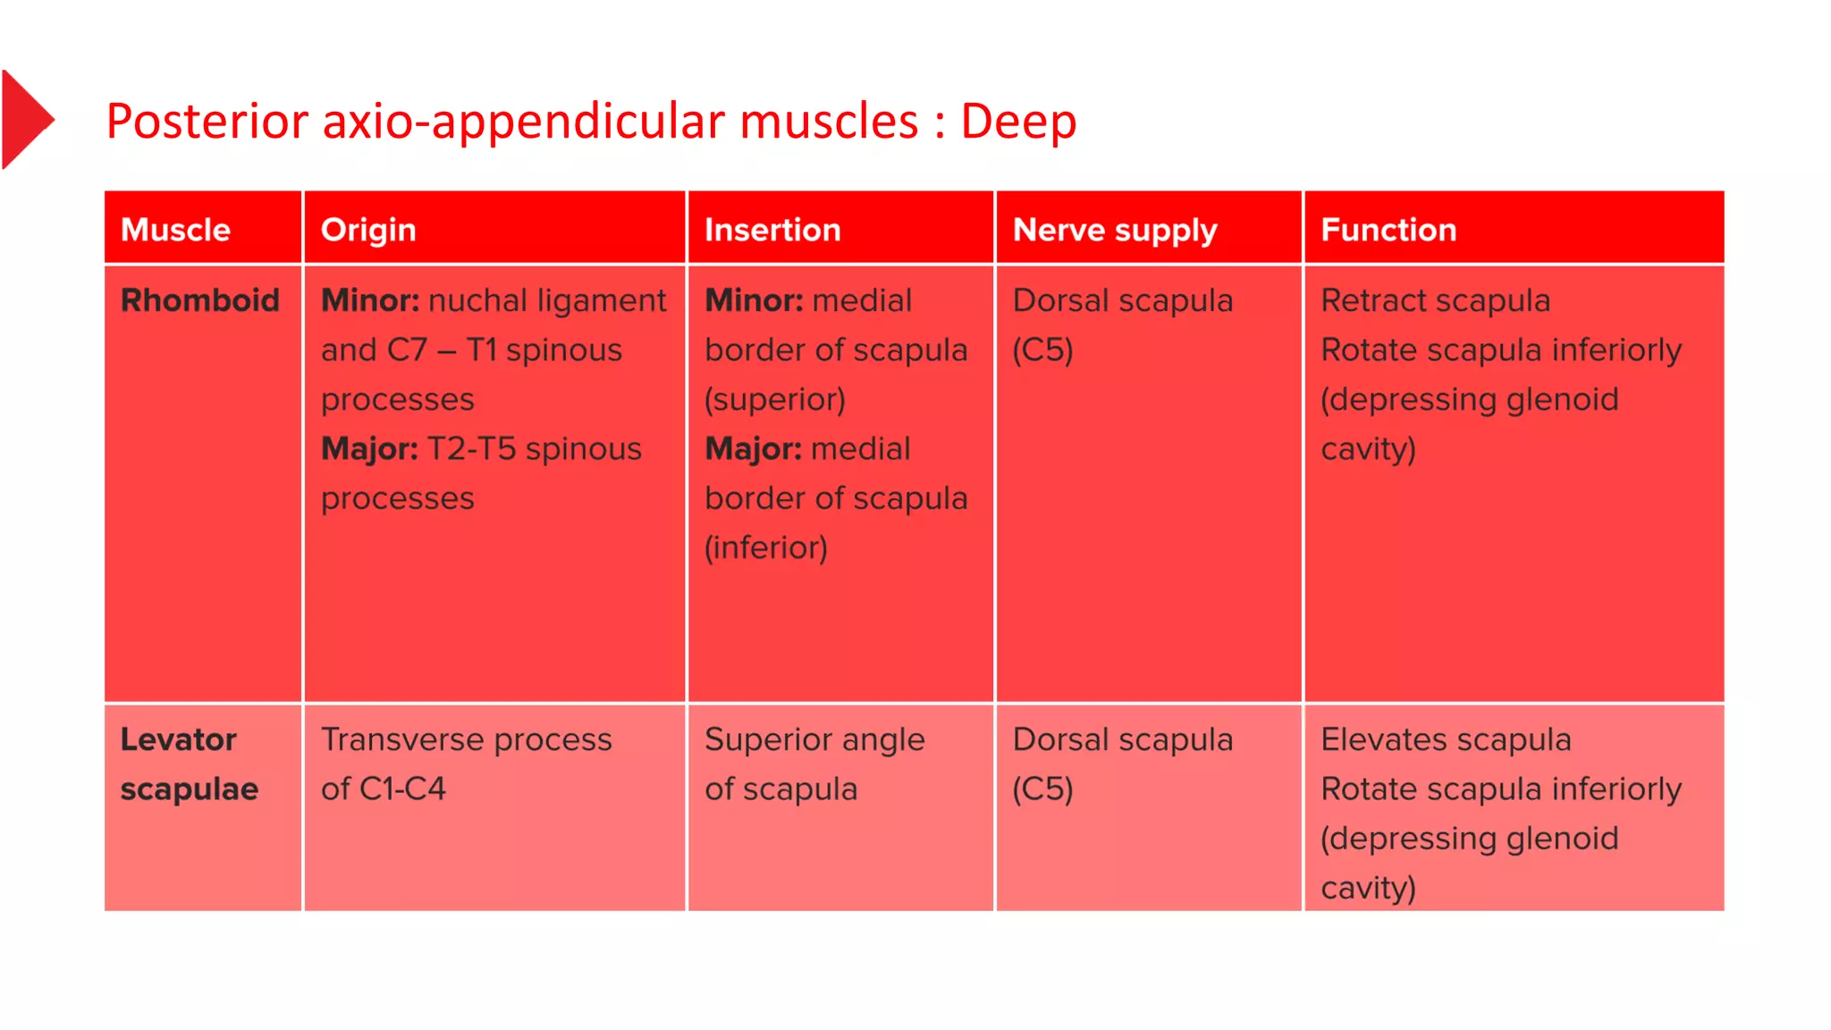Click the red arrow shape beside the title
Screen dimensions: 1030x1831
click(x=25, y=119)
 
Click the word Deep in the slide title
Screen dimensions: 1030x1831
click(x=1018, y=121)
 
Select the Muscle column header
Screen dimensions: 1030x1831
click(x=176, y=230)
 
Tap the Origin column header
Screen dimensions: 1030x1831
click(x=368, y=230)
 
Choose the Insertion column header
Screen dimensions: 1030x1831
click(x=772, y=230)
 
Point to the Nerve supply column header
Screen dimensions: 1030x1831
click(x=1115, y=230)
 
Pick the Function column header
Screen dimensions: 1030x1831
click(x=1388, y=230)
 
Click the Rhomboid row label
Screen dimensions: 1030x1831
click(x=200, y=300)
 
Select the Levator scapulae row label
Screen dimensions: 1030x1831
click(x=190, y=764)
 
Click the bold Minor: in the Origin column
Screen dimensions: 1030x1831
click(x=370, y=300)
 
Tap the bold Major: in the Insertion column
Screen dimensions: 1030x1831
click(x=753, y=449)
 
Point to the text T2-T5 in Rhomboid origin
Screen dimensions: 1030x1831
click(x=471, y=449)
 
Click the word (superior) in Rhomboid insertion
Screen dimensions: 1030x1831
click(x=775, y=400)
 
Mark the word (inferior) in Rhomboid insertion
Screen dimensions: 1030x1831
click(x=766, y=547)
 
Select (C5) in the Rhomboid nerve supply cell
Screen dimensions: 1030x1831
click(x=1042, y=350)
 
